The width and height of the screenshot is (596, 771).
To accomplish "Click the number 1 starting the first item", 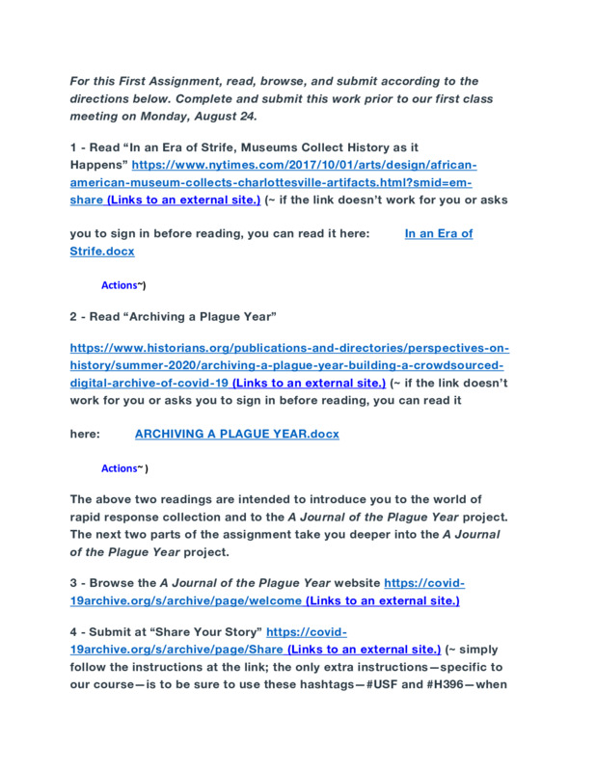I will pyautogui.click(x=73, y=147).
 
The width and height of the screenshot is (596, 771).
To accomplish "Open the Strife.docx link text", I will pyautogui.click(x=102, y=251).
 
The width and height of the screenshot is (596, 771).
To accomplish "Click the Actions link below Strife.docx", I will pyautogui.click(x=119, y=285).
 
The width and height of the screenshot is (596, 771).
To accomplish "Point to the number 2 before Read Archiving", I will pyautogui.click(x=73, y=316).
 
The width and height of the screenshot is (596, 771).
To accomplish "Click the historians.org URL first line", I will pyautogui.click(x=289, y=348).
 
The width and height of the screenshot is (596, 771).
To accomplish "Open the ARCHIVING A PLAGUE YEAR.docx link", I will pyautogui.click(x=236, y=434).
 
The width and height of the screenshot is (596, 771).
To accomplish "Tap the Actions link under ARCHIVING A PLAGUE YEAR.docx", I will pyautogui.click(x=119, y=468).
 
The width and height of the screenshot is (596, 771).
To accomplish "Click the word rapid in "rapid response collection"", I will pyautogui.click(x=86, y=517).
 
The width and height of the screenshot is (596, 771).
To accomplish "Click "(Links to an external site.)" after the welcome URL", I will pyautogui.click(x=382, y=600).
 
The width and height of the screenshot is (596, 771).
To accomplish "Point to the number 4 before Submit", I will pyautogui.click(x=73, y=632).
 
